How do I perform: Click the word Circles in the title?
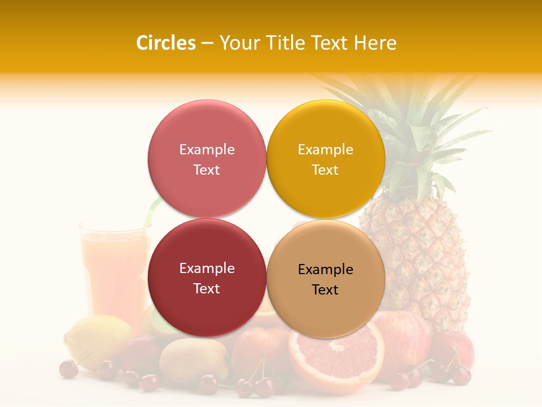(165, 43)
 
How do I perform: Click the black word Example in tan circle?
(325, 270)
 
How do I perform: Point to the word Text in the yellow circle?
(325, 170)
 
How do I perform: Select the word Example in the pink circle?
(207, 150)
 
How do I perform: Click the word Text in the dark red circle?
(207, 289)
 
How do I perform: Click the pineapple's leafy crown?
(418, 136)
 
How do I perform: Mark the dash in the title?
(207, 44)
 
